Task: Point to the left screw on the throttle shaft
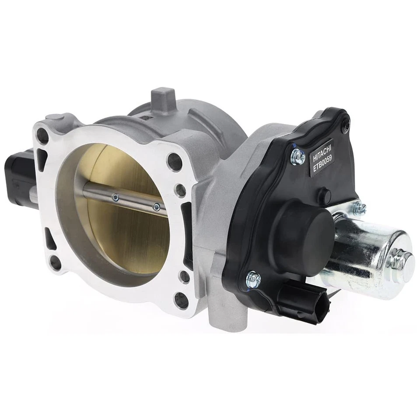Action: pyautogui.click(x=115, y=197)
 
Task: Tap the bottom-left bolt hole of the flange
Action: pyautogui.click(x=55, y=262)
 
